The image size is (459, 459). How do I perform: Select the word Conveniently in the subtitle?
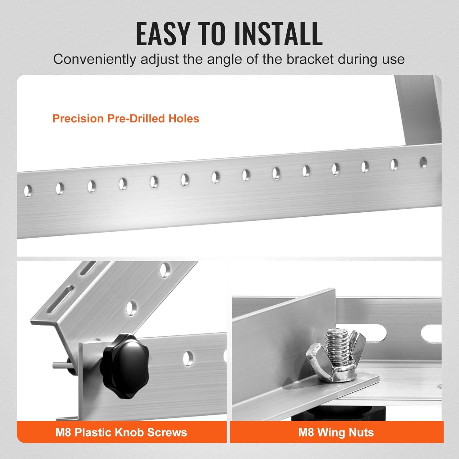(x=95, y=59)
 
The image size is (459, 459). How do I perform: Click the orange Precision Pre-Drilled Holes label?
(x=126, y=118)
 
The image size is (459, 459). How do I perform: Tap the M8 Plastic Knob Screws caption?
(x=121, y=432)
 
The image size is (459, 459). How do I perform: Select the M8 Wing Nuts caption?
(x=336, y=432)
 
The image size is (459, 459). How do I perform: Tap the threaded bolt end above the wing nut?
(x=338, y=343)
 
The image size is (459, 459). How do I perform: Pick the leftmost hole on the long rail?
(x=28, y=191)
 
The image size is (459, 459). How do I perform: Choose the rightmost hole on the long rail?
(x=423, y=162)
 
